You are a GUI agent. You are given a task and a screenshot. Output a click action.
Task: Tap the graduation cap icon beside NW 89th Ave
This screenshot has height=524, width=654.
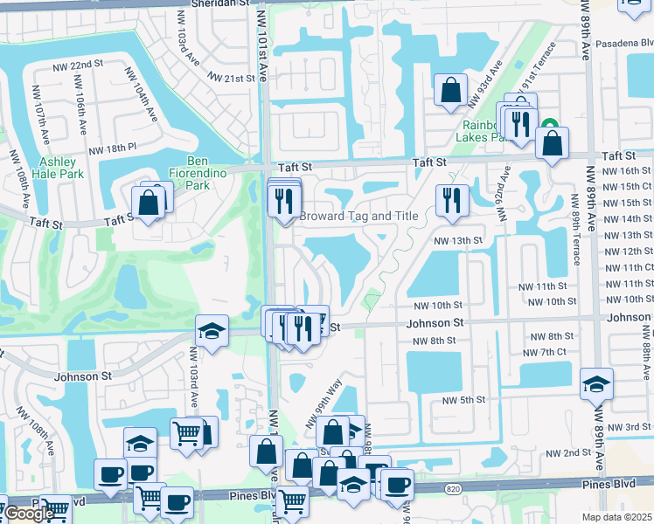coord(596,383)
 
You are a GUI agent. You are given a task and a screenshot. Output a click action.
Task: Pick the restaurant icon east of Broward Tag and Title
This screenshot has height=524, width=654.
coord(452,200)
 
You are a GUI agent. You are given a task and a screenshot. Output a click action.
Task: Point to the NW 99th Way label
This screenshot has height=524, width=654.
coord(322,406)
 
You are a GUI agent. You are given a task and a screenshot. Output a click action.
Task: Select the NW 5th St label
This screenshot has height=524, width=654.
coord(463,399)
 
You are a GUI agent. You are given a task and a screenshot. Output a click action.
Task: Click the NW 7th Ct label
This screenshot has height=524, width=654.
coord(545,352)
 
